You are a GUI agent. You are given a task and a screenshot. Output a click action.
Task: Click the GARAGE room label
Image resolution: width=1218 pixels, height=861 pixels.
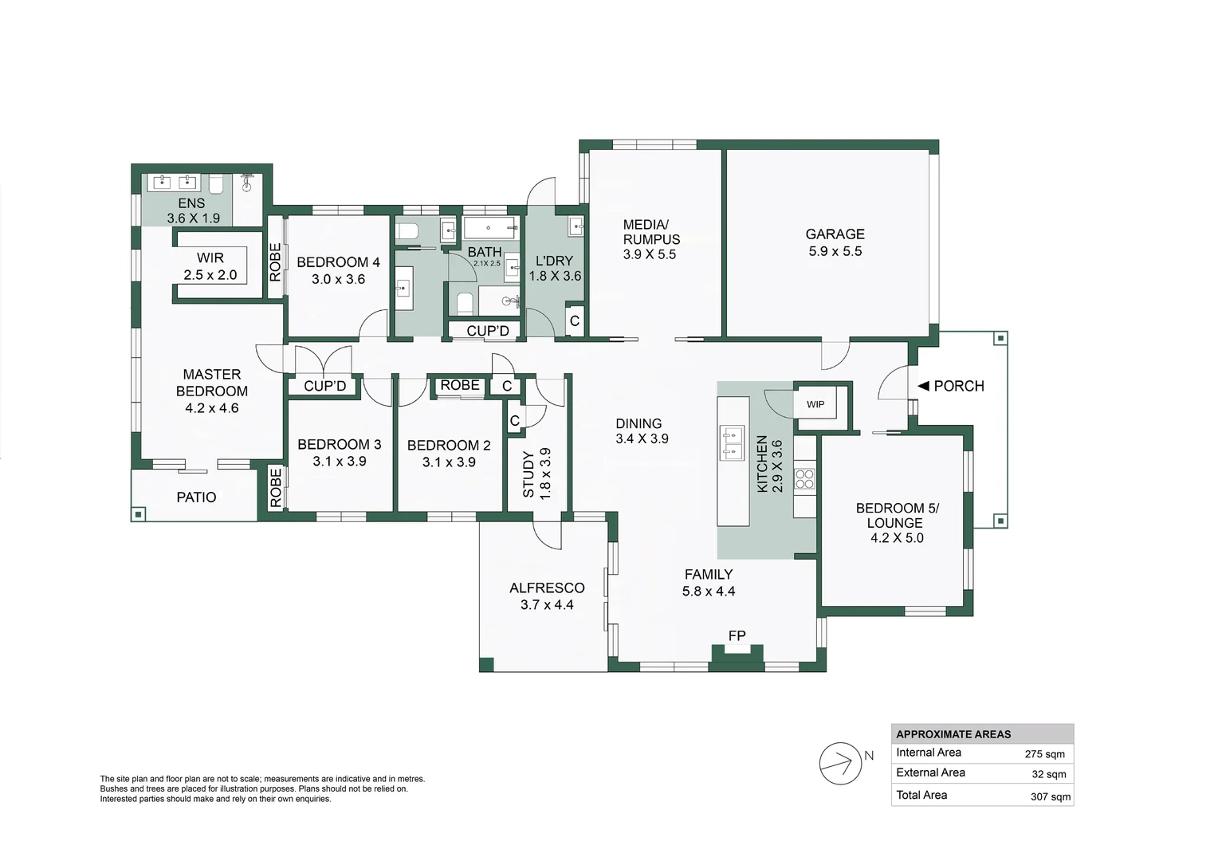(x=835, y=234)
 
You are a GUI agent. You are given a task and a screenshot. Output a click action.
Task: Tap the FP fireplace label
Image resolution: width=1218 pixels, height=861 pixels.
(x=737, y=635)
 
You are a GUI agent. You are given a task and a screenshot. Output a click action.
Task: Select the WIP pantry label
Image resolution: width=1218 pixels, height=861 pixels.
(x=815, y=404)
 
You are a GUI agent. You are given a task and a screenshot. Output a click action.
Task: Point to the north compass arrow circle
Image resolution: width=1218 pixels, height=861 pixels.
(x=840, y=763)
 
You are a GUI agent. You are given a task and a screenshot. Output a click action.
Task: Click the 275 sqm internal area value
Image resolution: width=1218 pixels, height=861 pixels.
(x=1044, y=754)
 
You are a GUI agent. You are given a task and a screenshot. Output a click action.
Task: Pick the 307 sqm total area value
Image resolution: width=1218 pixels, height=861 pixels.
(x=1051, y=796)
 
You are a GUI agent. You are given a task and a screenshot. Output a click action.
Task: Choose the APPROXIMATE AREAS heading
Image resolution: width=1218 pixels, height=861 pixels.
(x=953, y=734)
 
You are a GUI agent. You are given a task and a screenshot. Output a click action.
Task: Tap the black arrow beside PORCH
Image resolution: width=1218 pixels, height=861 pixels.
(x=923, y=386)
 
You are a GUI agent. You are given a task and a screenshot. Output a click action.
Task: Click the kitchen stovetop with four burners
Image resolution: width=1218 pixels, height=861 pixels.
(x=805, y=478)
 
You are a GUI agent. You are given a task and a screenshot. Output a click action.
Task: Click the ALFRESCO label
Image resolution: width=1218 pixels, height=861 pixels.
(x=547, y=588)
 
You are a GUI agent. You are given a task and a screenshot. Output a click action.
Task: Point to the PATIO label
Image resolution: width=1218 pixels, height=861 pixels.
(x=196, y=497)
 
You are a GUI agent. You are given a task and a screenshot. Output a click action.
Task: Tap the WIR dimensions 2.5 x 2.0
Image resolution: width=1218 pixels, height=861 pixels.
(x=210, y=275)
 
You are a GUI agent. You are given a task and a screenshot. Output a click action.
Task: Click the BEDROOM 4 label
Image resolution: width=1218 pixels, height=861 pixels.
(x=338, y=262)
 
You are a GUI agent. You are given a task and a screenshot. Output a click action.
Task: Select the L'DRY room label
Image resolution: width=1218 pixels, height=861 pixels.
(x=555, y=261)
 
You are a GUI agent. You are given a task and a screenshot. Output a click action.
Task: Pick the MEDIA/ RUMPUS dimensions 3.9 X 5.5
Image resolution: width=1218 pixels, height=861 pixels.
(x=649, y=254)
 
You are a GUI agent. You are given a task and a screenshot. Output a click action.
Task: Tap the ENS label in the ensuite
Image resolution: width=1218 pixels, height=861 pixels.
(x=191, y=203)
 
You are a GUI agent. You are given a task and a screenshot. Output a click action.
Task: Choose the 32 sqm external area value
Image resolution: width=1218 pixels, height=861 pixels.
(x=1049, y=775)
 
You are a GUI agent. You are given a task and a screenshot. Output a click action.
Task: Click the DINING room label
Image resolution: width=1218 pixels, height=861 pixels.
(x=638, y=423)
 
